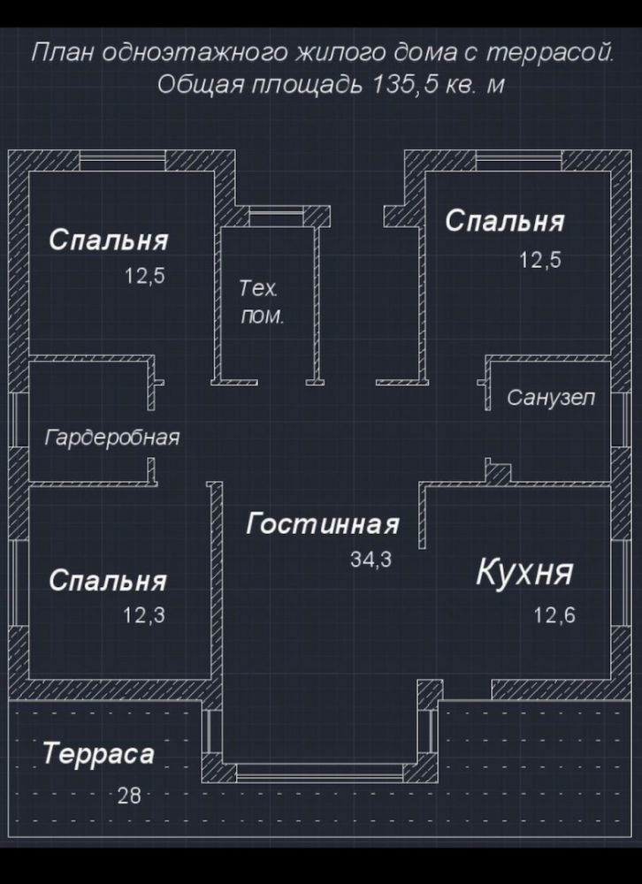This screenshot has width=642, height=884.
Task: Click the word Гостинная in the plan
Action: click(322, 524)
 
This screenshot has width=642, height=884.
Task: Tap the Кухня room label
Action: click(524, 573)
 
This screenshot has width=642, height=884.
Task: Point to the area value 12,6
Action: click(554, 614)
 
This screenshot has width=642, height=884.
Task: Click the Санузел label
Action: click(551, 398)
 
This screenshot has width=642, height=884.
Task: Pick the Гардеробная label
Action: click(112, 438)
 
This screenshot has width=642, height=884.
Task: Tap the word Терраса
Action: click(98, 754)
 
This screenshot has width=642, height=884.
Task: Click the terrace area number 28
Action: click(129, 796)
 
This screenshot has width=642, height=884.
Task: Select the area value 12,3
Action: click(144, 615)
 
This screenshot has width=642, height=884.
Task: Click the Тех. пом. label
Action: click(262, 302)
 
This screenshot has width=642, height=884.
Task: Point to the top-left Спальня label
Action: click(108, 240)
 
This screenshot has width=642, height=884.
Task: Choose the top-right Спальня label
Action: click(504, 221)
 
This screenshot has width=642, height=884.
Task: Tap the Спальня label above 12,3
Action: click(108, 581)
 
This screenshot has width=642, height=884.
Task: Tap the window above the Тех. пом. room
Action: click(275, 216)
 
